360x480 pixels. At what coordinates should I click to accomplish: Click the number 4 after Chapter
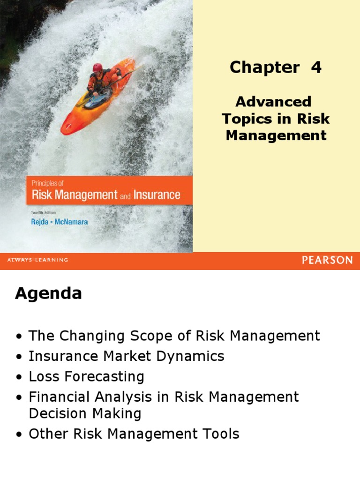[x=316, y=68]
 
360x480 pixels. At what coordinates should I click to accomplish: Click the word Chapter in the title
[x=264, y=68]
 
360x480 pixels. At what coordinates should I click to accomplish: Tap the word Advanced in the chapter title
[x=273, y=102]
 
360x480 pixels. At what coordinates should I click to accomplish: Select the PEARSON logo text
[x=327, y=260]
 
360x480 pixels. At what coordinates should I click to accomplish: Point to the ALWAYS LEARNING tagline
[x=37, y=260]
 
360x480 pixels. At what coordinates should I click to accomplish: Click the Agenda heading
[x=48, y=294]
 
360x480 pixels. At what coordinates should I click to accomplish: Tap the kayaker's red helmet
[x=97, y=67]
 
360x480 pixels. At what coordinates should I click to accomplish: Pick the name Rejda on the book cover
[x=40, y=222]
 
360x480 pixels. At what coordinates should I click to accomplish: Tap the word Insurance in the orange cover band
[x=157, y=195]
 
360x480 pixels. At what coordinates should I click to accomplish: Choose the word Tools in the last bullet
[x=221, y=434]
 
